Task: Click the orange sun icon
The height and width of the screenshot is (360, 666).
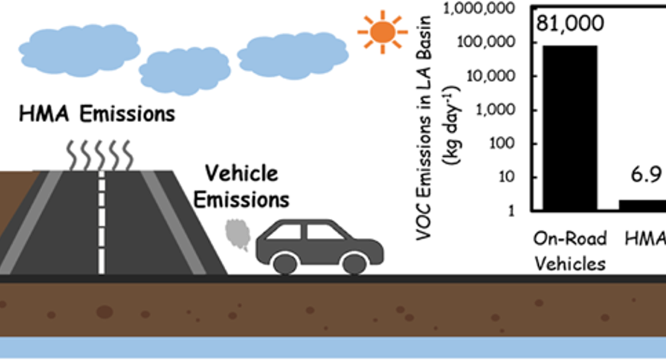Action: click(x=382, y=32)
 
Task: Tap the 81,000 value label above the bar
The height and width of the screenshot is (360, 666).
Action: click(x=570, y=23)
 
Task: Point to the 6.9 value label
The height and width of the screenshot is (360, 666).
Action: click(x=646, y=175)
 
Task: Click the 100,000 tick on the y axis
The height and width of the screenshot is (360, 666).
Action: click(x=486, y=42)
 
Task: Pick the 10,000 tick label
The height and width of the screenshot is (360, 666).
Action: click(x=490, y=76)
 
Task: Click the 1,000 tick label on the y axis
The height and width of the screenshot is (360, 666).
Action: click(x=495, y=110)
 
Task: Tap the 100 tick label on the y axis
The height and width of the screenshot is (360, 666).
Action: click(x=501, y=143)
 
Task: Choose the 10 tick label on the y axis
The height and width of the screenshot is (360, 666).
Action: click(x=506, y=177)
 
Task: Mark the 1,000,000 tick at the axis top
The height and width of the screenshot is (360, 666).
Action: click(x=478, y=8)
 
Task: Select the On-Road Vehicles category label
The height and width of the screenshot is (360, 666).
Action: click(x=570, y=251)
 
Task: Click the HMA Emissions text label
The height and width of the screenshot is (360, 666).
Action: click(x=97, y=114)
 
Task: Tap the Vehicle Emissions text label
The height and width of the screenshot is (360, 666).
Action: click(x=241, y=187)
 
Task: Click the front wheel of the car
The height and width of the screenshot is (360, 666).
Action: click(x=354, y=263)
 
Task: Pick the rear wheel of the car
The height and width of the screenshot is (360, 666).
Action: click(x=286, y=263)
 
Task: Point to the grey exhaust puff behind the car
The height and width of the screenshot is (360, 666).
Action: click(x=237, y=234)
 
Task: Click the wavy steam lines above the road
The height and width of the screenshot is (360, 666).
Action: click(x=100, y=156)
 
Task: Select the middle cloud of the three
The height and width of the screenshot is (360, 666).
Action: click(x=184, y=71)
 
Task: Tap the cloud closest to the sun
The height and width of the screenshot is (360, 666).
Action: click(x=292, y=56)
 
